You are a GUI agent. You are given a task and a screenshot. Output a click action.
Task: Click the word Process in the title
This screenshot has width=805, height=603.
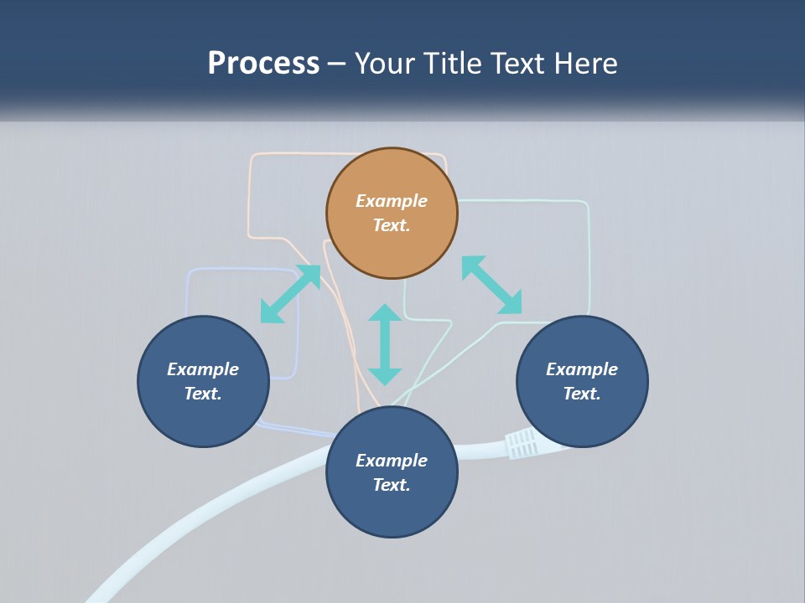tap(263, 64)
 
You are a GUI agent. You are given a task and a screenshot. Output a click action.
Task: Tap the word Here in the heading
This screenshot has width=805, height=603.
tap(584, 64)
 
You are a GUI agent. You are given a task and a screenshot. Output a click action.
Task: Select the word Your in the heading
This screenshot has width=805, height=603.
tap(387, 64)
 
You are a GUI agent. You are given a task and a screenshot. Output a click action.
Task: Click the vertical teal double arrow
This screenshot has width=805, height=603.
tap(385, 344)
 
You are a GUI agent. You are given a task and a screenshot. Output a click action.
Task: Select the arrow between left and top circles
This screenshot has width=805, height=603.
tap(290, 294)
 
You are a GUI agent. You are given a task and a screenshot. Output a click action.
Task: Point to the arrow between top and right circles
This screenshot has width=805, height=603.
tap(491, 285)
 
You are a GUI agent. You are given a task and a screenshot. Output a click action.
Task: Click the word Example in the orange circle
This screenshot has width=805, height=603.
tap(392, 201)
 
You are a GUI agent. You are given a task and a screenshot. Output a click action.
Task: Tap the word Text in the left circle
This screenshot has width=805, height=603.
tap(203, 394)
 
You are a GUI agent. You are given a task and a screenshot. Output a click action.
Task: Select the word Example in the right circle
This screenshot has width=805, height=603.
tap(582, 369)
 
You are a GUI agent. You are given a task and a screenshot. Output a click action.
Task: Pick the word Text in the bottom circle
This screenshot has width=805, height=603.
tap(392, 485)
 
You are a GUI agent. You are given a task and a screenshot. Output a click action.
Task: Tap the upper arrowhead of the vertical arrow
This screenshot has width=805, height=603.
tap(385, 313)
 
